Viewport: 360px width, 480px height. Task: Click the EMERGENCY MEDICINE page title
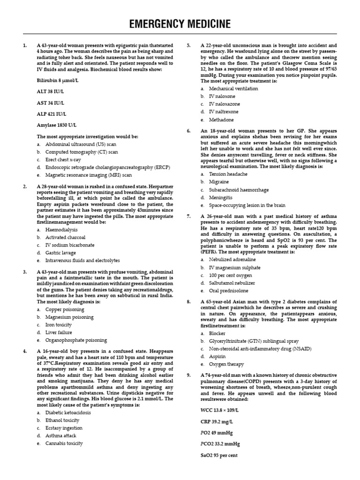coord(180,23)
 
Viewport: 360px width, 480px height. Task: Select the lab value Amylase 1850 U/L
coord(57,125)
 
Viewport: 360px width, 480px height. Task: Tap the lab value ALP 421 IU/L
coord(52,114)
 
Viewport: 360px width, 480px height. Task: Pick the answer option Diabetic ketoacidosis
coord(68,412)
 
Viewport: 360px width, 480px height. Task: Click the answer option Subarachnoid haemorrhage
coord(239,190)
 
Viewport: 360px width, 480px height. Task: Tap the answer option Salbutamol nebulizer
coord(232,283)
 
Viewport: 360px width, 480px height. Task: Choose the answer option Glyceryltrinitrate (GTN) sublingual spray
coord(254,341)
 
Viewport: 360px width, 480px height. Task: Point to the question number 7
coord(188,216)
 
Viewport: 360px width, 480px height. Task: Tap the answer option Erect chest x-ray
coord(63,160)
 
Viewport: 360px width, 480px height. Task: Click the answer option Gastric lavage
coord(61,252)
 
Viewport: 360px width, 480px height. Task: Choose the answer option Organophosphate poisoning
coord(76,340)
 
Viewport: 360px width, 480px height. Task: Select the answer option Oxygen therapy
coord(226,364)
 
